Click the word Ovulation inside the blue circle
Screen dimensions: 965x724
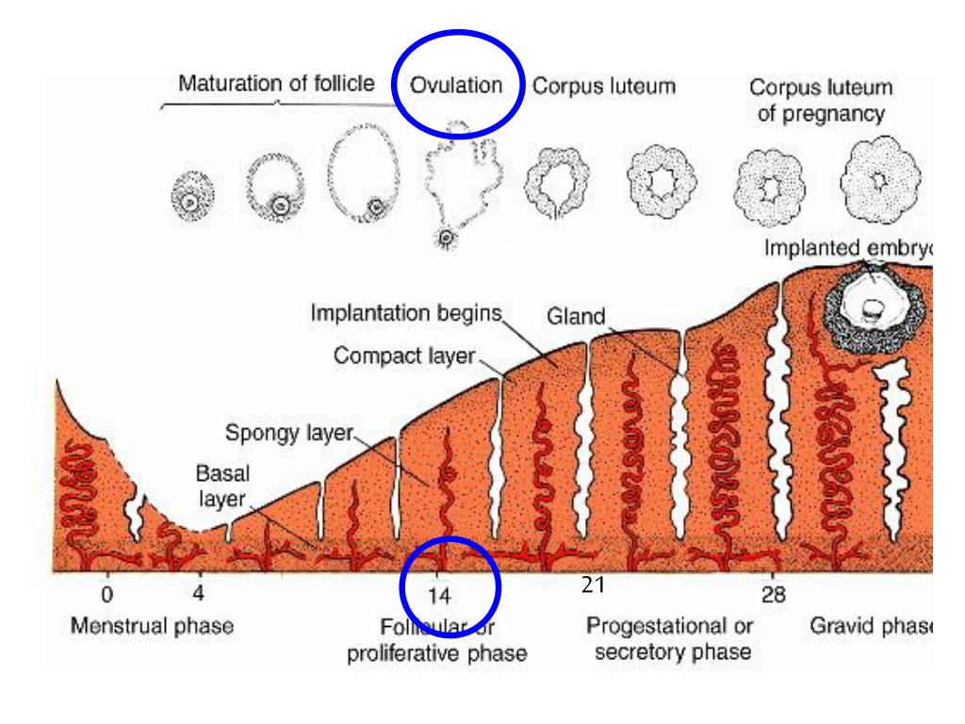pyautogui.click(x=455, y=85)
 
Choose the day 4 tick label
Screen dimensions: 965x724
pyautogui.click(x=198, y=594)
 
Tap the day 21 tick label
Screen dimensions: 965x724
pyautogui.click(x=593, y=585)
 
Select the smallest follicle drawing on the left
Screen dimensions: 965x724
pyautogui.click(x=192, y=197)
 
